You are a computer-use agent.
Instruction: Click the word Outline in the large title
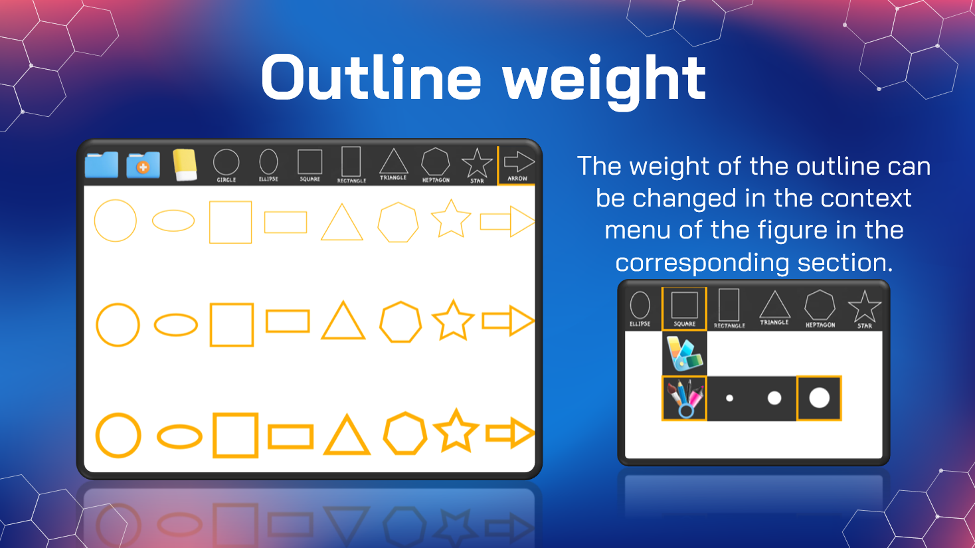coord(371,78)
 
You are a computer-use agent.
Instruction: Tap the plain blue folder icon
coord(102,165)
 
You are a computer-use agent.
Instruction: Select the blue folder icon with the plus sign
coord(143,165)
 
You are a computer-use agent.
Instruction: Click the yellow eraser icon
coord(185,165)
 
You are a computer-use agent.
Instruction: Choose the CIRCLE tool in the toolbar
coord(226,165)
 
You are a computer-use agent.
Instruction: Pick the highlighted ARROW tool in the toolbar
coord(517,165)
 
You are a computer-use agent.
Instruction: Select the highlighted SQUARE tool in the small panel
coord(684,309)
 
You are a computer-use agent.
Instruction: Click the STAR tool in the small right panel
coord(865,310)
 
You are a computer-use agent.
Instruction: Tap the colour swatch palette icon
coord(685,353)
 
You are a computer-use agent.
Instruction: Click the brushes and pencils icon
coord(685,399)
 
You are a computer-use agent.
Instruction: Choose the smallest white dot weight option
coord(729,398)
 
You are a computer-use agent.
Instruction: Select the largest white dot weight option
coord(819,398)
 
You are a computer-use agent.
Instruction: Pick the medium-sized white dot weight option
coord(774,398)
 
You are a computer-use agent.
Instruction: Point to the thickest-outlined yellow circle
coord(98,435)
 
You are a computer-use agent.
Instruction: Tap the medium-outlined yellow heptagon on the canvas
coord(381,322)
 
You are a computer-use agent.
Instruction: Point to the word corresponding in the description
coord(702,262)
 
